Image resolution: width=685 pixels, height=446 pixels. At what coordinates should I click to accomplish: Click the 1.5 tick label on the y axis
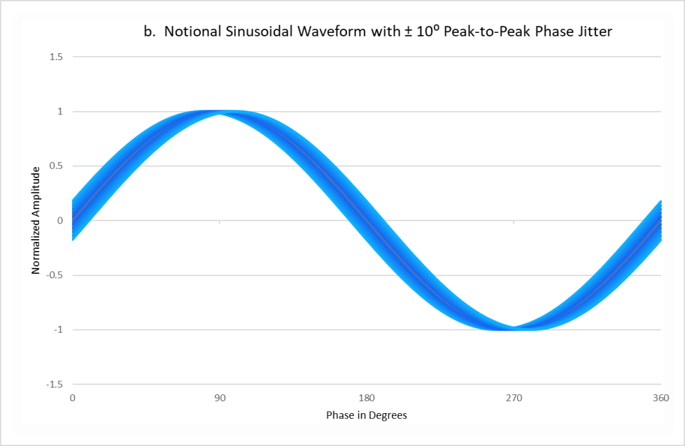(x=56, y=57)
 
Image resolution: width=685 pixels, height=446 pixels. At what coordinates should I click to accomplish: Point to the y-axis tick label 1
(x=60, y=111)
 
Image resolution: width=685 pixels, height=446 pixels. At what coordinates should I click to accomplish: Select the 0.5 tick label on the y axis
(x=56, y=166)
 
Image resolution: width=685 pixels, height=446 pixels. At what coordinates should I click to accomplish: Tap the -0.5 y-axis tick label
(x=55, y=275)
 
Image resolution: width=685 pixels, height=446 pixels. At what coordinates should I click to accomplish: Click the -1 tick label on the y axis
(x=59, y=329)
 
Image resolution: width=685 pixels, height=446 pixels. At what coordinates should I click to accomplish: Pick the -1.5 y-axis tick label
(x=55, y=384)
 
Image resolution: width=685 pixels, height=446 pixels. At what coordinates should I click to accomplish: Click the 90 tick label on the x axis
(x=220, y=398)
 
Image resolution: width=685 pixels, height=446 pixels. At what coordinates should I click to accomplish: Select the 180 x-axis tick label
(x=367, y=398)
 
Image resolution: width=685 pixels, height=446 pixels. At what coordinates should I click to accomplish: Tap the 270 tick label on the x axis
(x=514, y=398)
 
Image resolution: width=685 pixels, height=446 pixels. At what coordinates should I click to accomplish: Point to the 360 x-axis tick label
(x=661, y=398)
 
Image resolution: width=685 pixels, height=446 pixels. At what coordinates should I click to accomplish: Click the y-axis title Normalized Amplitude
(x=36, y=220)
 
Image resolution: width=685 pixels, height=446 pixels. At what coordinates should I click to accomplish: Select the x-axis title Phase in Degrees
(x=367, y=415)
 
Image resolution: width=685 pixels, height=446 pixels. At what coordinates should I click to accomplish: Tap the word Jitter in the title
(x=594, y=32)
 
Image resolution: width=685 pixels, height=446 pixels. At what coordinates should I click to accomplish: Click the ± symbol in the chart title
(x=407, y=32)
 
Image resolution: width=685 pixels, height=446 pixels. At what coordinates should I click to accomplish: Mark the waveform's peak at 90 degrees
(x=220, y=112)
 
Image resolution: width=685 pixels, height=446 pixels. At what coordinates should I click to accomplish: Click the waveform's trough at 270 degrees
(x=514, y=329)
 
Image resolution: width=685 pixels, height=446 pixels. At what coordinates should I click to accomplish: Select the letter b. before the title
(x=149, y=32)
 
